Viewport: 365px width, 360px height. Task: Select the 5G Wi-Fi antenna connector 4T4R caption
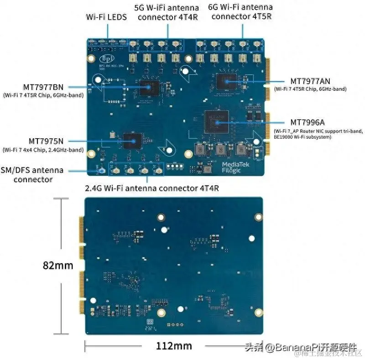(167, 12)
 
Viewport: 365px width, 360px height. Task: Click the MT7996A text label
(308, 122)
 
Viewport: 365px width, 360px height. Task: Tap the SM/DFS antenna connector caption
(32, 175)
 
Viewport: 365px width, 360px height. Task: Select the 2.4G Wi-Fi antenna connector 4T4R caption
(151, 188)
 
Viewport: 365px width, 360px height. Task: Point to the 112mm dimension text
(173, 346)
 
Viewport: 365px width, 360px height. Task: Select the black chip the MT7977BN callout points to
(149, 87)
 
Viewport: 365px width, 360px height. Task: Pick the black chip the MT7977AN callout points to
(227, 81)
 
